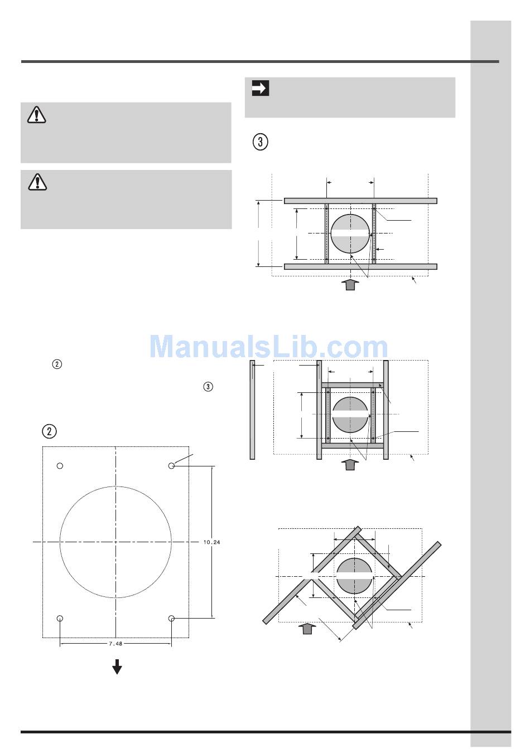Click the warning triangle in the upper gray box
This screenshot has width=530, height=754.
point(36,115)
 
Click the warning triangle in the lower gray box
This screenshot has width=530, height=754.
point(37,182)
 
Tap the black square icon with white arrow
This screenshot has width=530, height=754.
point(261,88)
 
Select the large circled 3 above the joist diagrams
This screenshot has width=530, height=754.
point(260,142)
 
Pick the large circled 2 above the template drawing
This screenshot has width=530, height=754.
point(50,431)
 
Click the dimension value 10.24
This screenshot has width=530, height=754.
point(211,542)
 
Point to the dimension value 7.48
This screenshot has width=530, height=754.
point(115,643)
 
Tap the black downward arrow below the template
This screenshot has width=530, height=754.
point(117,667)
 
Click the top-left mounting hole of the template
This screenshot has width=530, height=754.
point(60,466)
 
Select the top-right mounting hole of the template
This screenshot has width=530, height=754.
point(171,466)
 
